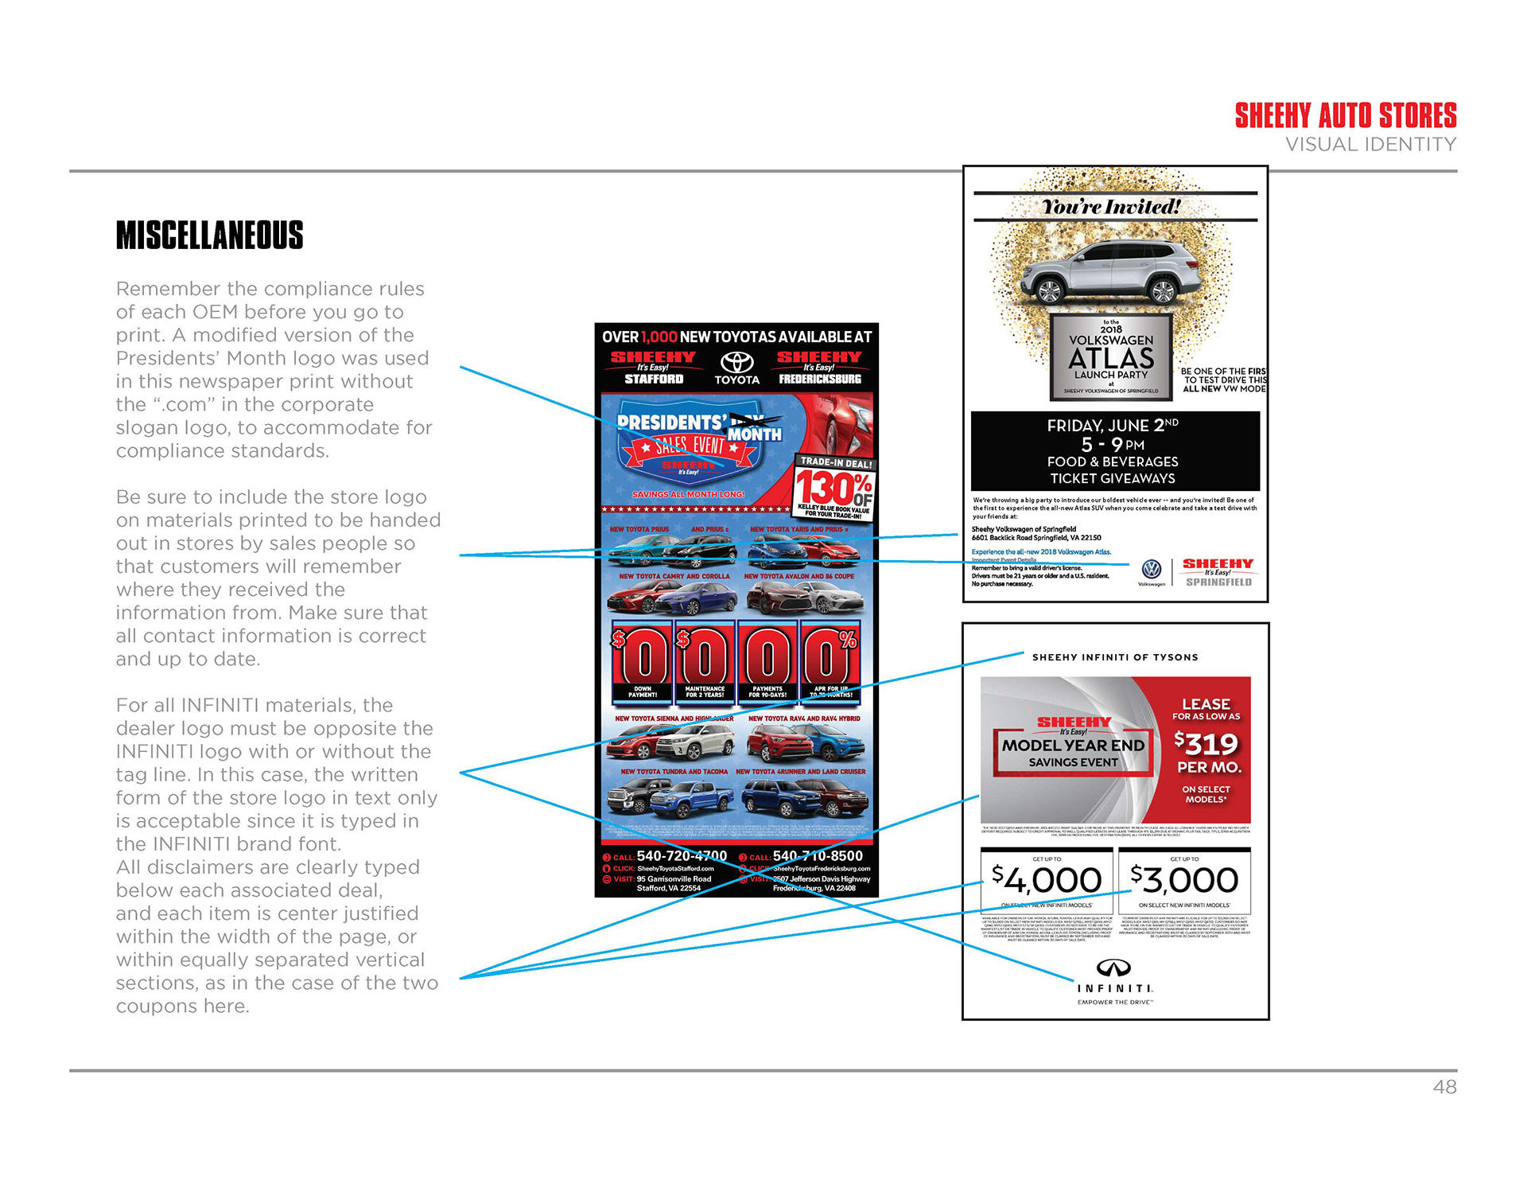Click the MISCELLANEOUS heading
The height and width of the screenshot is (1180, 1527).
[209, 236]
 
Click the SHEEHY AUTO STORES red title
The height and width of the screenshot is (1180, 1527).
[1345, 116]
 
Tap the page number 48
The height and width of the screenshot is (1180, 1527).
[1444, 1087]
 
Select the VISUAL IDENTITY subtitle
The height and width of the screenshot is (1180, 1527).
[1370, 145]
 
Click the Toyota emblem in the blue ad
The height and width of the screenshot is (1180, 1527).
[736, 363]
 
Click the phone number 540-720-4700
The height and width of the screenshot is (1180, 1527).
[682, 856]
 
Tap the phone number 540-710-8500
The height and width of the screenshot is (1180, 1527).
[818, 856]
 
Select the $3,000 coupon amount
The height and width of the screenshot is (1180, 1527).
[1184, 880]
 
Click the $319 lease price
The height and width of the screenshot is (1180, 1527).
[1206, 744]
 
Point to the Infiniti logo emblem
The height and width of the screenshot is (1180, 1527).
[1113, 968]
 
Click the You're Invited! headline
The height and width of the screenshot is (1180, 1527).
[1111, 207]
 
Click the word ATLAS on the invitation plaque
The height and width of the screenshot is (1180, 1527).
[1111, 358]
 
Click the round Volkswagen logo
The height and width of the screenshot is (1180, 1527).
[1151, 569]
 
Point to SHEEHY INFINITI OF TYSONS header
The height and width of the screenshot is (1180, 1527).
[1114, 657]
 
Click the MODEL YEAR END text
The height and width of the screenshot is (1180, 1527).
[1073, 746]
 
